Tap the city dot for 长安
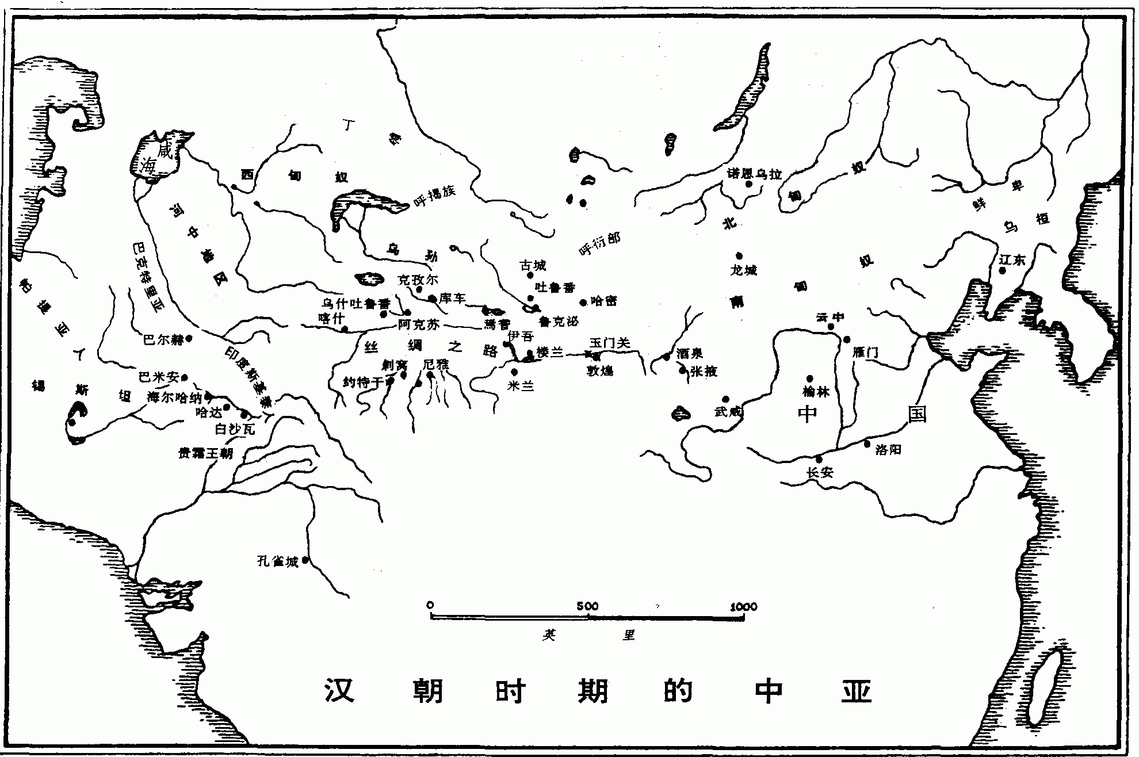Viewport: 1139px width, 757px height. pyautogui.click(x=819, y=459)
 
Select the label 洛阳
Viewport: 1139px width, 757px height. pyautogui.click(x=888, y=450)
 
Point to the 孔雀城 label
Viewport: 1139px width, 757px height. pyautogui.click(x=277, y=561)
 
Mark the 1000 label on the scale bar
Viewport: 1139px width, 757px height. pyautogui.click(x=744, y=606)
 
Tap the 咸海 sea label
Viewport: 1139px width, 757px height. pyautogui.click(x=156, y=159)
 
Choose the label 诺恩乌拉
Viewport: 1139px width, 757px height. pyautogui.click(x=754, y=173)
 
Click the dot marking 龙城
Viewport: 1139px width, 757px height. pyautogui.click(x=739, y=256)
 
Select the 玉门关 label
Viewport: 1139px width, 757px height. pyautogui.click(x=610, y=343)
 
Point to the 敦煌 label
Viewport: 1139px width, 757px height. pyautogui.click(x=600, y=370)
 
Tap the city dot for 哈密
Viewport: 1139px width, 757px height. pyautogui.click(x=583, y=302)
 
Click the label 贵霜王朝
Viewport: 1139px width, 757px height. pyautogui.click(x=205, y=453)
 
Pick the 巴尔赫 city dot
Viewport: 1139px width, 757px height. pyautogui.click(x=189, y=339)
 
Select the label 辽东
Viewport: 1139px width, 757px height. pyautogui.click(x=1012, y=259)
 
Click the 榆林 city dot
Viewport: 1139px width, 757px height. pyautogui.click(x=810, y=378)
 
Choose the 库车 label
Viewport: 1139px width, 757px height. pyautogui.click(x=452, y=299)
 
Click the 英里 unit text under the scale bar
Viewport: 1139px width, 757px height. pyautogui.click(x=587, y=635)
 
